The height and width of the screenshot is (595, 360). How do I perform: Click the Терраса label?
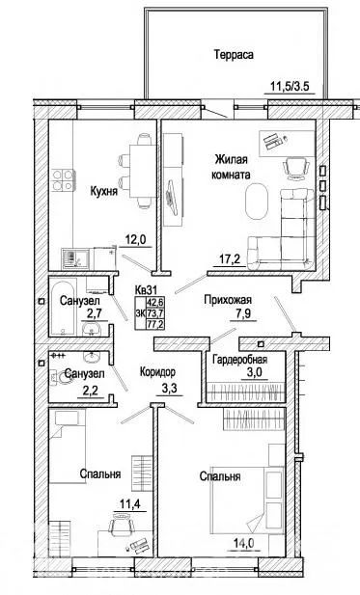(x=234, y=55)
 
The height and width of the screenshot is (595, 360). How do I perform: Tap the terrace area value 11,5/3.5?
(x=290, y=86)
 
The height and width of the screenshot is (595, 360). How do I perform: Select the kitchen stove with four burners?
(x=63, y=180)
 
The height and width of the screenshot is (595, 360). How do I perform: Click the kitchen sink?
(x=75, y=258)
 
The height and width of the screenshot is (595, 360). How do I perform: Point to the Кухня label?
(x=103, y=191)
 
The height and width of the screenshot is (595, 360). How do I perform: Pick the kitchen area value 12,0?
(x=135, y=240)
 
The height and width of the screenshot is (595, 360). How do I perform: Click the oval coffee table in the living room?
(x=256, y=202)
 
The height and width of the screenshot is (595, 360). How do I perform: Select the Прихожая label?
(x=228, y=300)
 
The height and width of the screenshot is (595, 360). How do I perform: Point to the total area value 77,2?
(x=155, y=324)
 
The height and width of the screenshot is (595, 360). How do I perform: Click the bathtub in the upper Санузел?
(x=63, y=308)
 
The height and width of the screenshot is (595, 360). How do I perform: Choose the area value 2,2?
(x=91, y=392)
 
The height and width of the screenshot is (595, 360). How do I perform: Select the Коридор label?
(x=157, y=372)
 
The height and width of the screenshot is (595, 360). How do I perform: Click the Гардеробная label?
(x=240, y=360)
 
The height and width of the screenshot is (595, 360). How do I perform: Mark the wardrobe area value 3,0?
(x=254, y=372)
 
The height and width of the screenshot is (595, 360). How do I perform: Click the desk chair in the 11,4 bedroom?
(x=123, y=523)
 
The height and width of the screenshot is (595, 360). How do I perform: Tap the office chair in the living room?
(x=296, y=168)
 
